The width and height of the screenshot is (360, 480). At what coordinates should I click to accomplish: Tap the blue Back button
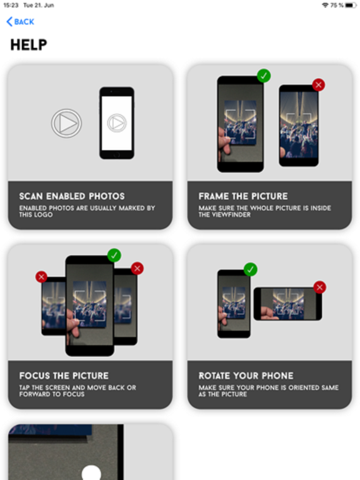20,22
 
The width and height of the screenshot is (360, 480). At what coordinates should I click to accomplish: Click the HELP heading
29,45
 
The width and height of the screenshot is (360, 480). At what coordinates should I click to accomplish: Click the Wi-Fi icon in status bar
325,5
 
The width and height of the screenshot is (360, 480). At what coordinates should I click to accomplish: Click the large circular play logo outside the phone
66,124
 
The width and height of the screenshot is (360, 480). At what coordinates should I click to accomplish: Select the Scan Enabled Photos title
72,196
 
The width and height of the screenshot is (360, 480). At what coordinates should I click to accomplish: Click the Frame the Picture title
243,196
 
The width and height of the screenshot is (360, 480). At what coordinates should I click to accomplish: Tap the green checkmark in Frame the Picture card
264,76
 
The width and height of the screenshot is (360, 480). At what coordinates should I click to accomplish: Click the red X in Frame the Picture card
319,85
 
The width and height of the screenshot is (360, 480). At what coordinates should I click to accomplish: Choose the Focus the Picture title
64,376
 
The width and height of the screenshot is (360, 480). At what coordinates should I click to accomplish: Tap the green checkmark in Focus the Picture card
114,255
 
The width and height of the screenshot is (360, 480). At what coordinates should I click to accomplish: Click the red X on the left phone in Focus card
41,276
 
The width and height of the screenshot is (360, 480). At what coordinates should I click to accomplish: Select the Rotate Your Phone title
246,376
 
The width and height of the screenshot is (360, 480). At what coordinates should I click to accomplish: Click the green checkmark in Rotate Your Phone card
251,269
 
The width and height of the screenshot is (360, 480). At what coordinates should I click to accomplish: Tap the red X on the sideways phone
320,287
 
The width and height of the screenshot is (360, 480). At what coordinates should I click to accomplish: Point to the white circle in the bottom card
91,473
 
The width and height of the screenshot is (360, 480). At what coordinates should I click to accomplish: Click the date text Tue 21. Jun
39,5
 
